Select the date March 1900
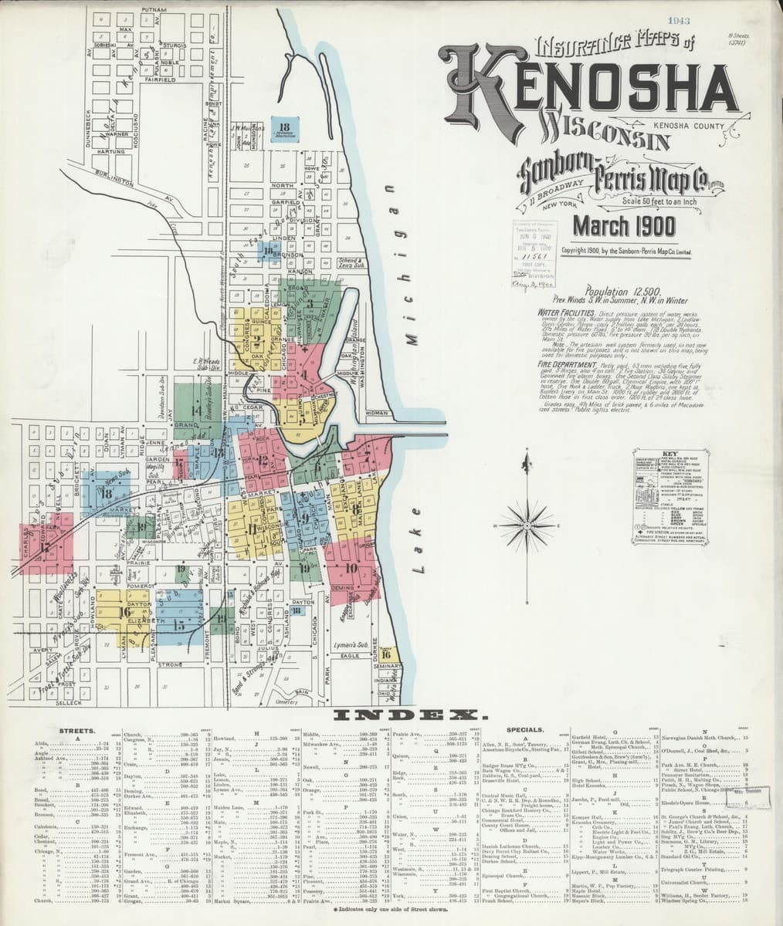[x=623, y=226]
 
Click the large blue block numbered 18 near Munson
[x=285, y=130]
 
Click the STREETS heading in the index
[x=77, y=729]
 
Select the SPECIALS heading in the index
[x=526, y=729]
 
